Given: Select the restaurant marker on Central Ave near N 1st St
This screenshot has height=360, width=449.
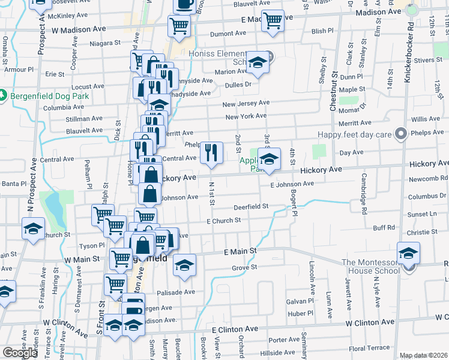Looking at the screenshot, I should [x=210, y=152].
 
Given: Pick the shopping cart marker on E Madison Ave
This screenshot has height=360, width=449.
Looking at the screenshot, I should [x=273, y=20].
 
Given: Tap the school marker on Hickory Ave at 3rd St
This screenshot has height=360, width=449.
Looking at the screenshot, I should [x=270, y=160].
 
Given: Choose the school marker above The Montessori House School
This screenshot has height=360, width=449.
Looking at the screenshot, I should [x=408, y=253].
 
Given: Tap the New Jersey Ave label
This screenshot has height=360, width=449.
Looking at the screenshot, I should [x=246, y=104].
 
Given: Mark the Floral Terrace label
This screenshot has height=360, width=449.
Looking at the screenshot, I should [x=369, y=348].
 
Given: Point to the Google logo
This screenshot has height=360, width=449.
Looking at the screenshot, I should [x=20, y=353].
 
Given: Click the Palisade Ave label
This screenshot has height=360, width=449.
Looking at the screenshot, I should [x=176, y=292].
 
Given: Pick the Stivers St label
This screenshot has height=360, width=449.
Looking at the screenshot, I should [x=427, y=60].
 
